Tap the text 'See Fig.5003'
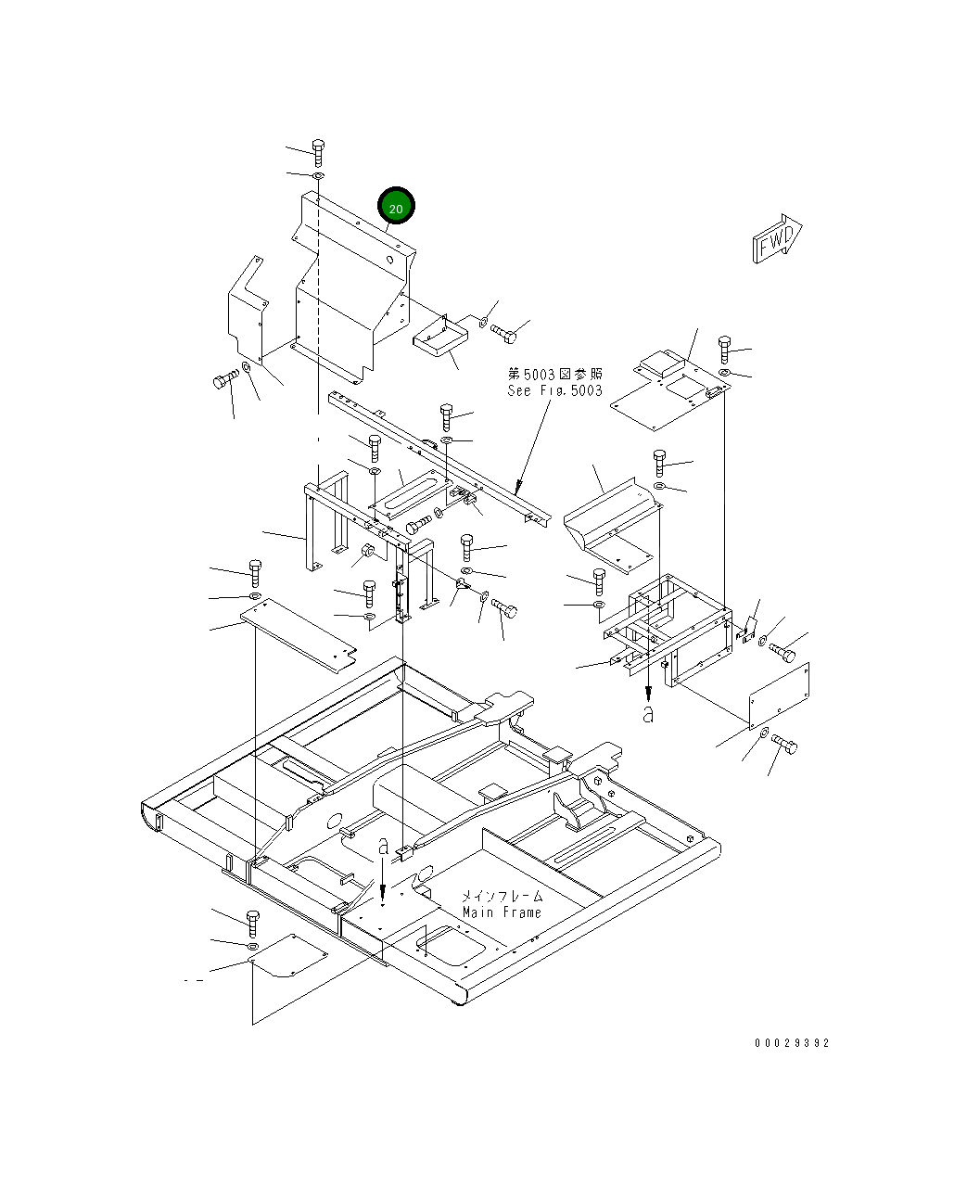coord(554,390)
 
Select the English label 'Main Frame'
coord(502,912)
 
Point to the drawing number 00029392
coord(791,1043)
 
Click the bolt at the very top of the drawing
coord(318,148)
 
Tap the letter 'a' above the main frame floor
coord(383,846)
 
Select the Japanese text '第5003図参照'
coord(554,374)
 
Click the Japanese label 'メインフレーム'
coord(503,897)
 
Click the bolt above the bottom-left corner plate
coord(252,922)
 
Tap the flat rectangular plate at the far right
coord(779,695)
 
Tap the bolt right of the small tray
coord(505,330)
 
